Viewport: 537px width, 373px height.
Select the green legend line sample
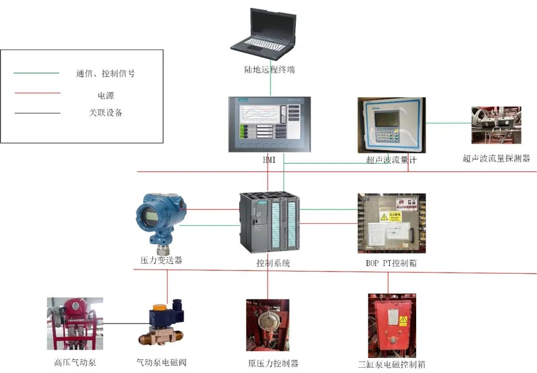point(36,73)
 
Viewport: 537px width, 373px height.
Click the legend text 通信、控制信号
point(105,74)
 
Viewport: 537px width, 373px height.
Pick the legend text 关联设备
point(105,113)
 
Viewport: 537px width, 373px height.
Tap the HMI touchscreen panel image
point(269,124)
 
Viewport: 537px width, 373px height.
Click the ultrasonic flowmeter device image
point(391,124)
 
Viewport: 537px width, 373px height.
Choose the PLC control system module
point(269,223)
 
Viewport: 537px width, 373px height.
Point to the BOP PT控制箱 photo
point(391,223)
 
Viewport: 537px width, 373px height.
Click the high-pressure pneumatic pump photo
point(75,323)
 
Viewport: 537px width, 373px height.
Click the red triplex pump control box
point(392,324)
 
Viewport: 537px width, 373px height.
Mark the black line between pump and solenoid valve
point(119,323)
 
